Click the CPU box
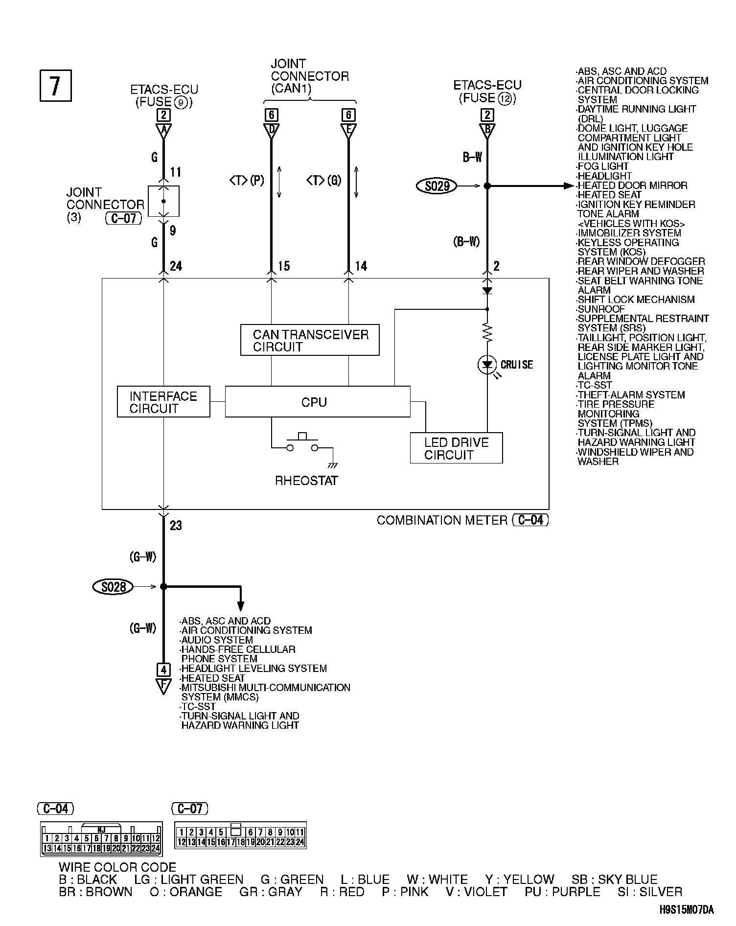tap(317, 402)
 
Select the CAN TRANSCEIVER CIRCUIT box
tap(310, 340)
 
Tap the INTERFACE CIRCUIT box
tap(163, 402)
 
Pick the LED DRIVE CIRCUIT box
tap(456, 448)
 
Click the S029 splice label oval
tap(437, 186)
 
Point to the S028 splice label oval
tap(113, 586)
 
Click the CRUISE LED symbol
tap(487, 365)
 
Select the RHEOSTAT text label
tap(306, 481)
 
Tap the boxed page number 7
tap(55, 86)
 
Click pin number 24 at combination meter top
tap(176, 266)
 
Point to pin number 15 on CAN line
tap(284, 266)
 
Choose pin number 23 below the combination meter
tap(176, 526)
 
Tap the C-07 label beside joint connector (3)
tap(123, 218)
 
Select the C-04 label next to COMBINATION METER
tap(530, 520)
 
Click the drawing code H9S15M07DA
tap(686, 910)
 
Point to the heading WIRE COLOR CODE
tap(117, 868)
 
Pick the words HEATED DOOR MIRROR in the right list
tap(632, 185)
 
